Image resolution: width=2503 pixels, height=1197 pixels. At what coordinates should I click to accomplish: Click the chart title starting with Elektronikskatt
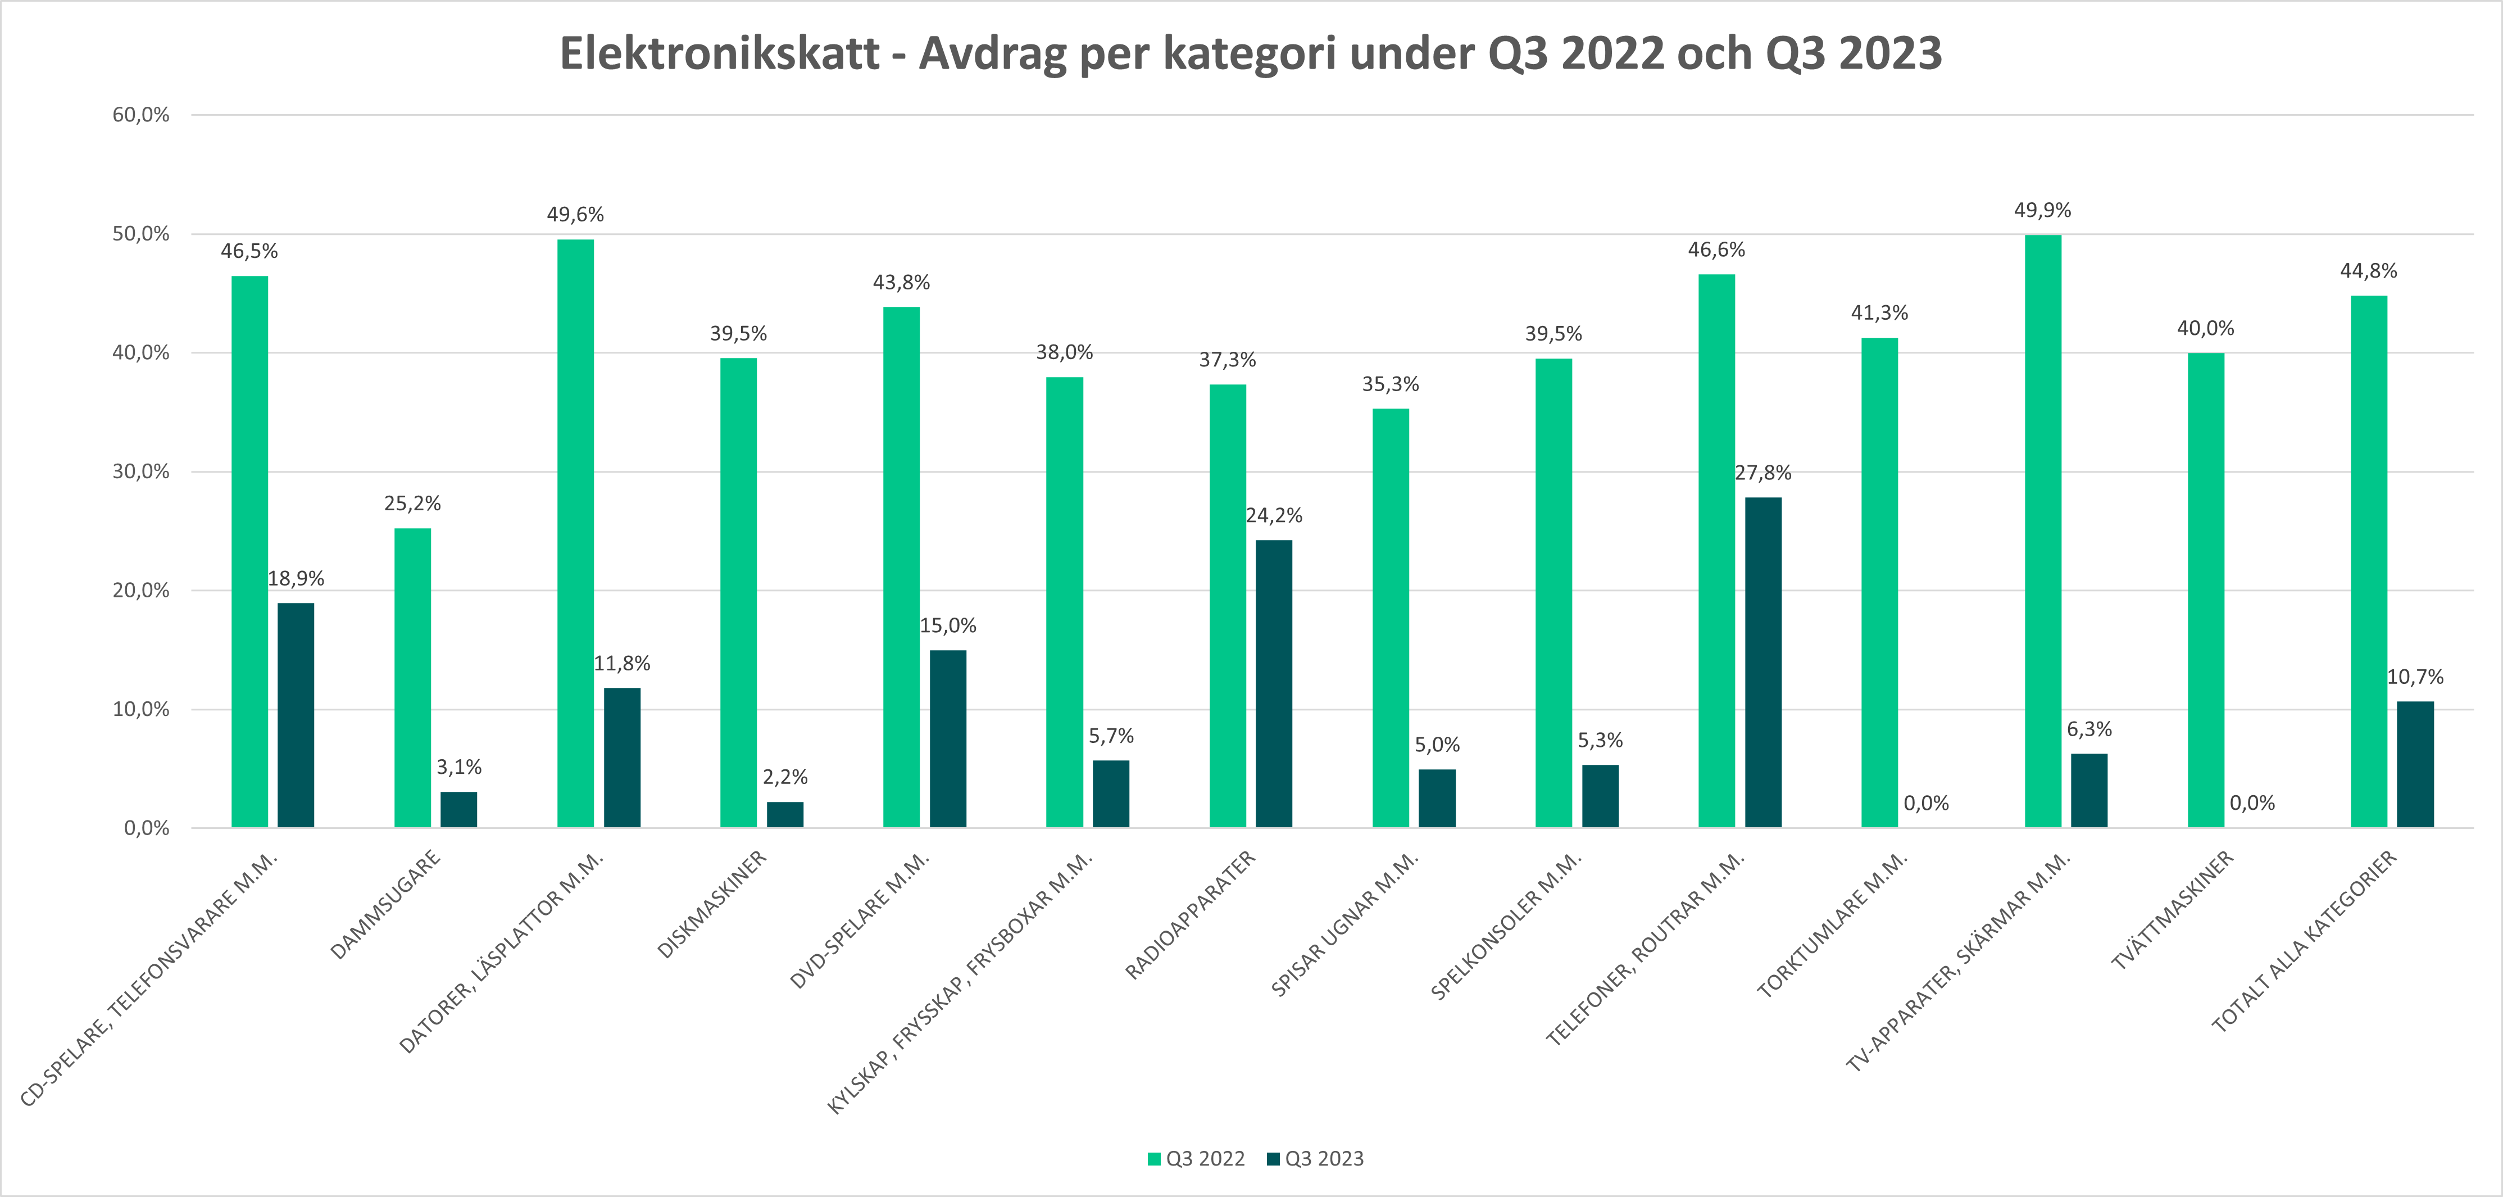[1251, 53]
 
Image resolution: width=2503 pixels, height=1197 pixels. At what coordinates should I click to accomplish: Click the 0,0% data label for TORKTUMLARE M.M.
[1926, 804]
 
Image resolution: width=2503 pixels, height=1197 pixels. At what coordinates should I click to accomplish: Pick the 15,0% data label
[948, 625]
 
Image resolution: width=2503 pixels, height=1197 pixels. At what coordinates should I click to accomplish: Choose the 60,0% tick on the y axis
[141, 115]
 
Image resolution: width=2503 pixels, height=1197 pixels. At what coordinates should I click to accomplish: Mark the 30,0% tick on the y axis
[141, 471]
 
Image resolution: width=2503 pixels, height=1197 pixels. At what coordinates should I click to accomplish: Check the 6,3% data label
[2089, 729]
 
